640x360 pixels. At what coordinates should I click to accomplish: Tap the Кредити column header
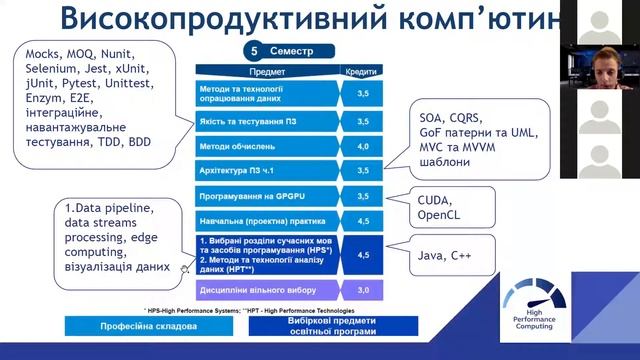click(361, 72)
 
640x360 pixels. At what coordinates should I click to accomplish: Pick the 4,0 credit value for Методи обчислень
click(362, 146)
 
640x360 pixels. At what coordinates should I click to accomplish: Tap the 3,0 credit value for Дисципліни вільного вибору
click(362, 290)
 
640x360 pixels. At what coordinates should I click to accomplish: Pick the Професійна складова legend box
click(125, 326)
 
